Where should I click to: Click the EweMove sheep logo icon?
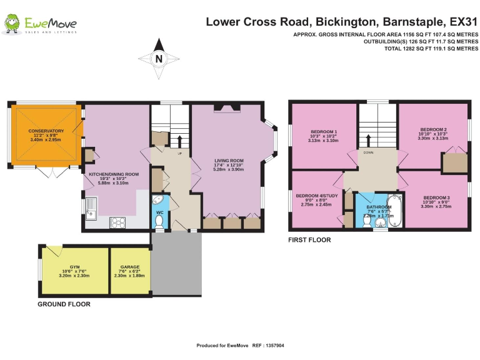pyautogui.click(x=11, y=24)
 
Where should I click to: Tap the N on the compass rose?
pyautogui.click(x=159, y=59)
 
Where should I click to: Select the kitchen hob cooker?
pyautogui.click(x=118, y=221)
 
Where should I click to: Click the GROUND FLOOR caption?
pyautogui.click(x=64, y=304)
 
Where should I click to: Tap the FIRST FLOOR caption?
pyautogui.click(x=309, y=239)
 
